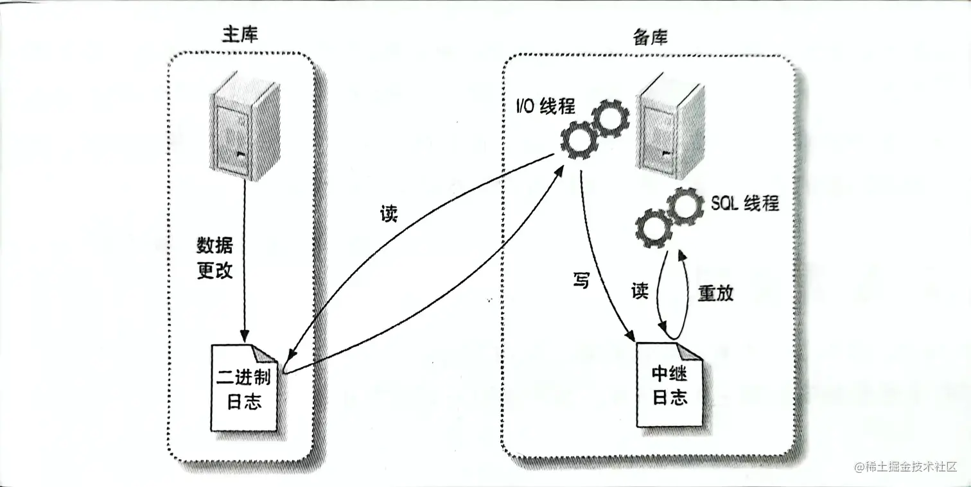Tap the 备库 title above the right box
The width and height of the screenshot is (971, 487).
(x=650, y=38)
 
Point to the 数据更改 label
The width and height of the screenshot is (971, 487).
(x=214, y=258)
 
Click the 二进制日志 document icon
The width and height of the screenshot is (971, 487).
(x=245, y=388)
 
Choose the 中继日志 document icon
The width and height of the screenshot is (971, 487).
(x=669, y=385)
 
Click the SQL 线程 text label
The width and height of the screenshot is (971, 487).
(x=745, y=203)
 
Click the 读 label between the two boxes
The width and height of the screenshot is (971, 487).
(x=388, y=214)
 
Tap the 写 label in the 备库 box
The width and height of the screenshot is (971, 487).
(x=581, y=280)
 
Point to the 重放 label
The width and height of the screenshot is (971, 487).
(x=715, y=293)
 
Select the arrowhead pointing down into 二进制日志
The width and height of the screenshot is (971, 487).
(x=244, y=337)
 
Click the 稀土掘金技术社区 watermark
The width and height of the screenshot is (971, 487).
(x=905, y=466)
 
